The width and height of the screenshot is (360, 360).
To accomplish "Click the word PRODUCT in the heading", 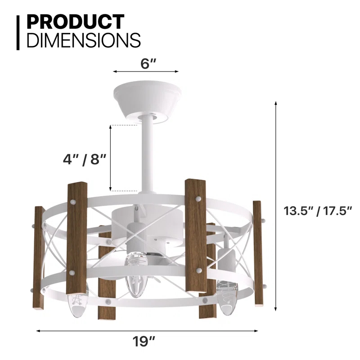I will click(75, 22).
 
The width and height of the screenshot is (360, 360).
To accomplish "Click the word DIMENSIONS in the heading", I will click(84, 40).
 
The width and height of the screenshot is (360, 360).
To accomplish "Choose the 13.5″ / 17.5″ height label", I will click(318, 211).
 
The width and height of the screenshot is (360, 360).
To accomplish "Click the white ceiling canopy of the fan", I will click(147, 99).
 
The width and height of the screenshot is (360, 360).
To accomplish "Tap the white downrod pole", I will click(146, 153).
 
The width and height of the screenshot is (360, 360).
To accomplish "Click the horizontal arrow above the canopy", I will click(146, 71).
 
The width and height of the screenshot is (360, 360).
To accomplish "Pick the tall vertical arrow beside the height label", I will click(276, 207).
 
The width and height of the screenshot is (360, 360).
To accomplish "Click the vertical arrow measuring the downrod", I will click(111, 157).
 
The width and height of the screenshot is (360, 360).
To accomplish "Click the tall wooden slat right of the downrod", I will click(195, 234).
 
